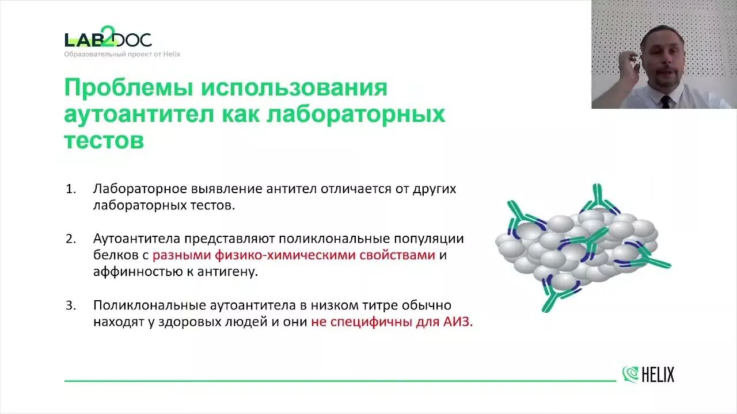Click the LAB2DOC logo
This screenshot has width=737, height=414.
[x=108, y=37]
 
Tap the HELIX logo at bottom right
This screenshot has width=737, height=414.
[x=648, y=374]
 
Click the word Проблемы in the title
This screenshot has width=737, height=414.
[x=128, y=88]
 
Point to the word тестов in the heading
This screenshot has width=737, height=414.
[x=104, y=141]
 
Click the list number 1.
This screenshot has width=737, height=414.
[x=71, y=189]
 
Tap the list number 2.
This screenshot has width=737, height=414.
[x=71, y=239]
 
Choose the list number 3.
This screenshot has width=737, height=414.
[x=71, y=305]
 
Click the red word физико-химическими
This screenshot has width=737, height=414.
[x=285, y=255]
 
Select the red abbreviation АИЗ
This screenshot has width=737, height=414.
[x=458, y=321]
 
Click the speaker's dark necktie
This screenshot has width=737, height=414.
[x=665, y=102]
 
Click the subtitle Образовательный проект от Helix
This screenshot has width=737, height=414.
[x=122, y=54]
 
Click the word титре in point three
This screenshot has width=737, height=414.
[x=380, y=306]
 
